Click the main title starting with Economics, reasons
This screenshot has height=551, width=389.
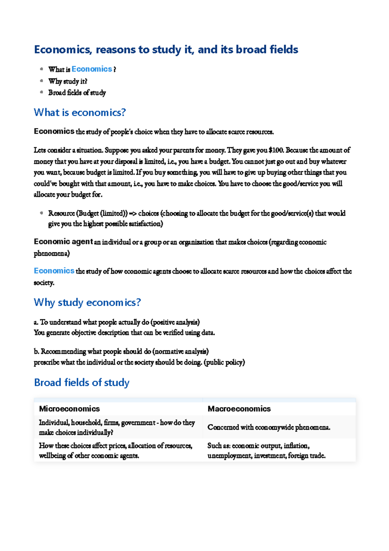pos(166,50)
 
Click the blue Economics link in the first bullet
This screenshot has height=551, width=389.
pos(92,69)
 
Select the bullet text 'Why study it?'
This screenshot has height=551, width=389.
pos(68,81)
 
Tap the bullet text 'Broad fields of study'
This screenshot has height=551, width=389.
pos(77,93)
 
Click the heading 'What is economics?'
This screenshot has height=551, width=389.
pos(80,113)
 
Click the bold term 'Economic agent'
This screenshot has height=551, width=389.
pos(63,242)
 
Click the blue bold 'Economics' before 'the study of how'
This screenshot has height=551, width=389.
pos(54,271)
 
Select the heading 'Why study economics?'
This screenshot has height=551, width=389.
pos(87,302)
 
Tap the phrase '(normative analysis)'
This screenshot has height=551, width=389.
pos(181,351)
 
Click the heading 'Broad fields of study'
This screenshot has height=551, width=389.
pos(82,383)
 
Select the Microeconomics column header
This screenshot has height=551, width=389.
pos(69,409)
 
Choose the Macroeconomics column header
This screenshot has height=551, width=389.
pos(239,409)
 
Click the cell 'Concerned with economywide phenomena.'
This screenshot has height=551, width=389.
pos(269,427)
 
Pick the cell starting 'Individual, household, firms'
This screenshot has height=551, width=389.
pos(117,427)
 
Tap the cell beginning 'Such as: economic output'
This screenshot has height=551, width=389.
pos(266,450)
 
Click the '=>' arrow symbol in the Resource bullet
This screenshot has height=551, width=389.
pos(133,214)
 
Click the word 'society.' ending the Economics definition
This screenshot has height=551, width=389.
pos(44,283)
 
